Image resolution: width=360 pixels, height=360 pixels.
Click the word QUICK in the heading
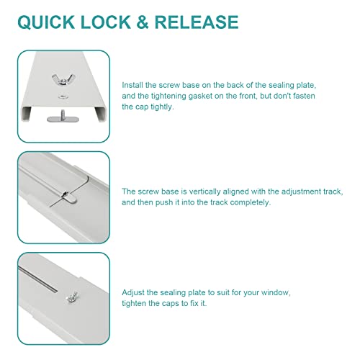tap(46, 22)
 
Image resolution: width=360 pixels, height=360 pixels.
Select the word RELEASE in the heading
tap(197, 22)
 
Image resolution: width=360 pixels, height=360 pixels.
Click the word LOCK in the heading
tap(106, 22)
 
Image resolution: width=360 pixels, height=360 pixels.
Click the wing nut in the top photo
tap(63, 79)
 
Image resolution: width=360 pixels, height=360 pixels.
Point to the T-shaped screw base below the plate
tap(63, 117)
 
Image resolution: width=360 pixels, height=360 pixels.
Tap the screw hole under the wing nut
tap(63, 96)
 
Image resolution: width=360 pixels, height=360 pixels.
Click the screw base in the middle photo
tap(69, 197)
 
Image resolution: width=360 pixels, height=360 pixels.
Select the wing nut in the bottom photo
tap(72, 297)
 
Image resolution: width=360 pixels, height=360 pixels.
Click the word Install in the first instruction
tap(132, 85)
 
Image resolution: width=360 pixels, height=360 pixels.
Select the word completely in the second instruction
tap(251, 202)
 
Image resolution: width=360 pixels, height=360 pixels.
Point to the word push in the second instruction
tap(164, 202)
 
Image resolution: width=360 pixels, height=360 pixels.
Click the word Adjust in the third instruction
tap(133, 292)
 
